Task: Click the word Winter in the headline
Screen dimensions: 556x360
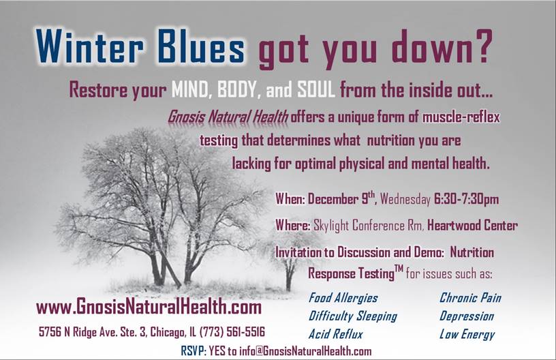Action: point(89,46)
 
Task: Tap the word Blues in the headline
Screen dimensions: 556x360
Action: point(201,46)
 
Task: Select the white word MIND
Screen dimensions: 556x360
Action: point(189,90)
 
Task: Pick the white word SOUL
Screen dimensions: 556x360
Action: point(316,90)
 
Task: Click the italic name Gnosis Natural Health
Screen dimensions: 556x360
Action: point(228,117)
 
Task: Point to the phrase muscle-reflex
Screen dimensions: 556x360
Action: point(461,117)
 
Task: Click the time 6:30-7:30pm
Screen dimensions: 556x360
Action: point(466,199)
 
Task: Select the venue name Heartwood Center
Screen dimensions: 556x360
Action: point(472,225)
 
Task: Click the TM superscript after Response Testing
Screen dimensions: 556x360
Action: point(399,269)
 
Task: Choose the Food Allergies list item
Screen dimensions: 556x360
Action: point(343,298)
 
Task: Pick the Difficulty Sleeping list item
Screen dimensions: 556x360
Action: point(353,316)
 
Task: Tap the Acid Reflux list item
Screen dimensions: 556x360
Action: point(335,334)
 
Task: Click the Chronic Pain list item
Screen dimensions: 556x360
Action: point(470,298)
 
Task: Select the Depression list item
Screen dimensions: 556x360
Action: point(467,316)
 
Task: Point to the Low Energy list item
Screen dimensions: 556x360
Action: point(467,334)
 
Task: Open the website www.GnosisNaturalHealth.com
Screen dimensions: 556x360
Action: point(149,307)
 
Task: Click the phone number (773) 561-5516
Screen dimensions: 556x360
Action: point(232,332)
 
